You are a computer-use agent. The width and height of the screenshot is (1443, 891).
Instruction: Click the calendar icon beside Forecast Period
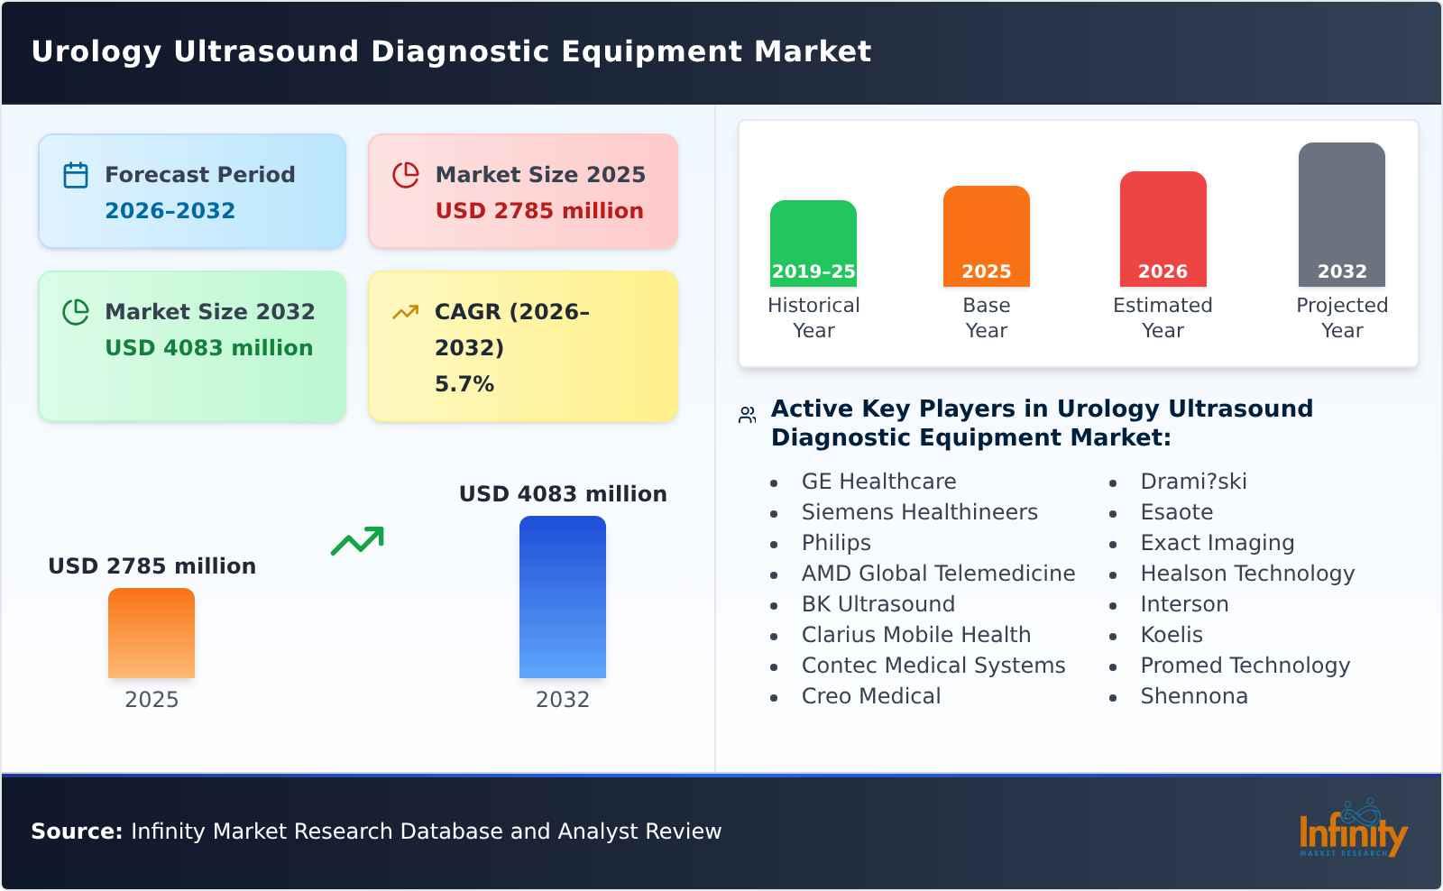click(76, 175)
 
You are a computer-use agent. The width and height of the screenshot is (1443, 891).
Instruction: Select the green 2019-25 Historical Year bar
click(813, 243)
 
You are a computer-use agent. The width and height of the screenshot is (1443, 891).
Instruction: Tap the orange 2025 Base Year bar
click(986, 235)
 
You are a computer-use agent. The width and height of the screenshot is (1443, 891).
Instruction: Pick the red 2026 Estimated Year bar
click(1163, 228)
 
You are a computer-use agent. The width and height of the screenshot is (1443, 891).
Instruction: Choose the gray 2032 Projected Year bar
click(1341, 214)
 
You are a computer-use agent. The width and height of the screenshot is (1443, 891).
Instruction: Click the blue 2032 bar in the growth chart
click(562, 597)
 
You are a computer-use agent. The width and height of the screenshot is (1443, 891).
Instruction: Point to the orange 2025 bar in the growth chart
click(152, 633)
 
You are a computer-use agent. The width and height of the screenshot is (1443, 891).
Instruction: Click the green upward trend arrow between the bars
click(357, 541)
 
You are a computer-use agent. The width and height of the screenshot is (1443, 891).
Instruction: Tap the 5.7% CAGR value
click(464, 384)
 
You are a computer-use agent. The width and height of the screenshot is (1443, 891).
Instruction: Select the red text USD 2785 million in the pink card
click(539, 211)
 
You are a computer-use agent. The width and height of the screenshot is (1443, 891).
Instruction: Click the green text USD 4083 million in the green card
click(208, 348)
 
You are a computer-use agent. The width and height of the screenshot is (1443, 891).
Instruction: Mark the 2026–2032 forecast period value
click(170, 211)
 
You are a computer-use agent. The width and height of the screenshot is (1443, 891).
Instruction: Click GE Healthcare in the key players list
click(878, 482)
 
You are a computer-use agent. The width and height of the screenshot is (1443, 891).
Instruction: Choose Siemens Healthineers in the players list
click(919, 512)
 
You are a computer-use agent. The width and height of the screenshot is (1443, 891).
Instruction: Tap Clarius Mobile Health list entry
click(915, 635)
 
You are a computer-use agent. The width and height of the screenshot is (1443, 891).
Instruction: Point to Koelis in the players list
click(1171, 635)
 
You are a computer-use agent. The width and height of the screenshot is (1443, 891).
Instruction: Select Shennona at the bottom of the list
click(1193, 696)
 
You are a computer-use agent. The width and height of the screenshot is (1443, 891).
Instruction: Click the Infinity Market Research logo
click(1352, 831)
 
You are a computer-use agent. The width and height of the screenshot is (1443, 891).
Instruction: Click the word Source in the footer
click(76, 831)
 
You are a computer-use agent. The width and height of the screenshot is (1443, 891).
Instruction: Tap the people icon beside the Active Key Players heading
click(747, 415)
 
